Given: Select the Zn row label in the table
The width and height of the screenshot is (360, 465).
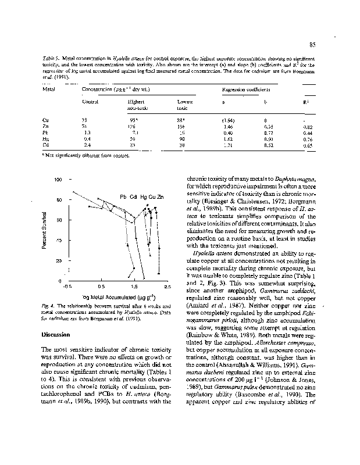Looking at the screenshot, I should [x=45, y=126].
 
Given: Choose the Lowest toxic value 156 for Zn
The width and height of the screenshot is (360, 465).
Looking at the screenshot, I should [x=181, y=126].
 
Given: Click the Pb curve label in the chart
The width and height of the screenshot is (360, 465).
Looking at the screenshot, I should [x=124, y=196].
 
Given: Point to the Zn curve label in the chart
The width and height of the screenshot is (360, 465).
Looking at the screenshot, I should [x=161, y=196].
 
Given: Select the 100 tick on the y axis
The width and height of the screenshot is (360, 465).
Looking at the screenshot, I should [x=58, y=180].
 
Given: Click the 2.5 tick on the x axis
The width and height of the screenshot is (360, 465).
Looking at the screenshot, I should [x=167, y=286].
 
